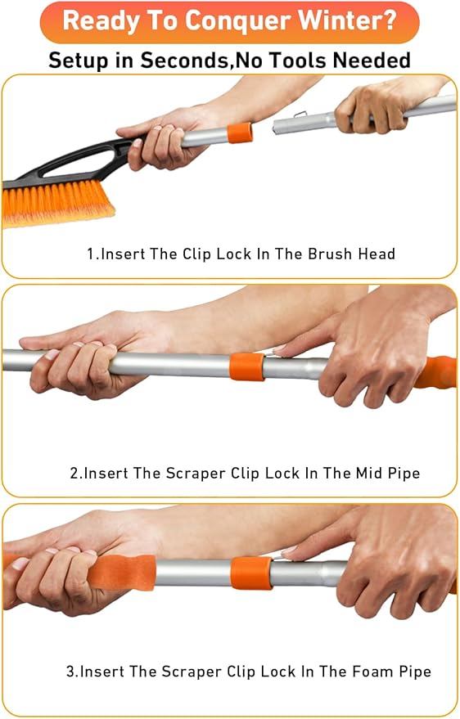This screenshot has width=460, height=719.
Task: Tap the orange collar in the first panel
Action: (240, 133)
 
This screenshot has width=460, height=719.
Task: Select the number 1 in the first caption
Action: (91, 254)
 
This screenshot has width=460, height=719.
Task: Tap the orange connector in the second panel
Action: (246, 366)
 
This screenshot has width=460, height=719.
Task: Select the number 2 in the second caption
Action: (74, 473)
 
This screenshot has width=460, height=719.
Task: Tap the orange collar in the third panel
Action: (250, 573)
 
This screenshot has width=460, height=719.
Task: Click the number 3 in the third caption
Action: (70, 672)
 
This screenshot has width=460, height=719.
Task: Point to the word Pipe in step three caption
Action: (415, 672)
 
